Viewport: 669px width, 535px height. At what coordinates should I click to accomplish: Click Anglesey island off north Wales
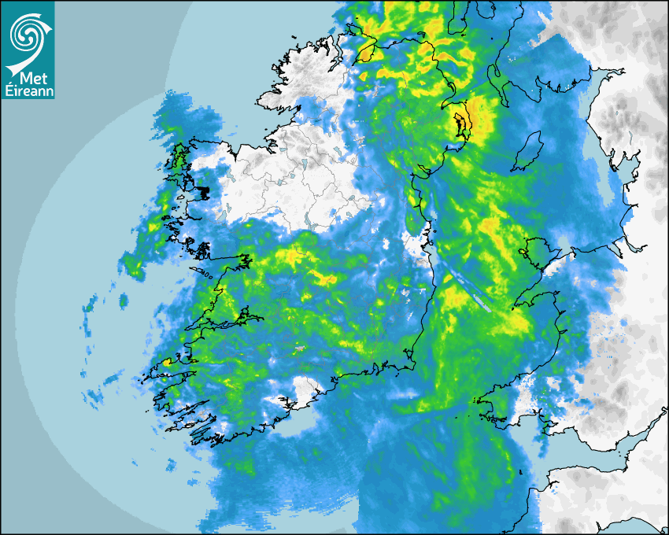[534, 255]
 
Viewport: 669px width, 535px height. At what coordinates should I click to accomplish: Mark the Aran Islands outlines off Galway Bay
[206, 275]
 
